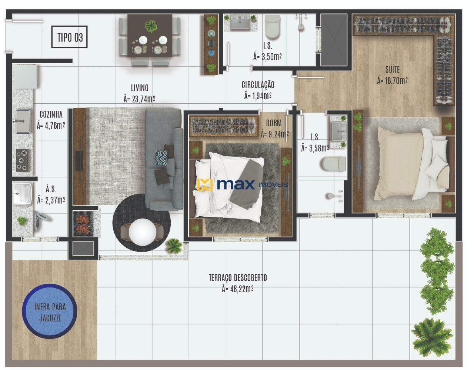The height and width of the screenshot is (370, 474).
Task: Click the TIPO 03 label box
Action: tap(69, 37)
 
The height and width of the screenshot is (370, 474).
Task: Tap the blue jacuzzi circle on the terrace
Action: tap(50, 311)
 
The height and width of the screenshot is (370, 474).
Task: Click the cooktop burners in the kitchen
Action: tap(22, 160)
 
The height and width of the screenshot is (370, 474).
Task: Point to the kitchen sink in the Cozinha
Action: tap(23, 121)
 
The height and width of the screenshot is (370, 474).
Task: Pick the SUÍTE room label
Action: tap(393, 70)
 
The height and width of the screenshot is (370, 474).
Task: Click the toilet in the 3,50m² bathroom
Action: tap(273, 27)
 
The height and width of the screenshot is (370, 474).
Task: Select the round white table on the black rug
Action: tap(142, 232)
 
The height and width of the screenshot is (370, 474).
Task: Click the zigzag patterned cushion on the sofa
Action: tap(161, 157)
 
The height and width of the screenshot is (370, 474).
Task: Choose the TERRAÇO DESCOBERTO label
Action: tap(238, 278)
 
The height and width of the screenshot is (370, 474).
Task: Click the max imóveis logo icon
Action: tap(204, 185)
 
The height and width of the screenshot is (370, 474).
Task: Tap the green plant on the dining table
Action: tap(151, 26)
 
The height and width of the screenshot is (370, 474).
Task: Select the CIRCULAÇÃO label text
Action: tap(258, 85)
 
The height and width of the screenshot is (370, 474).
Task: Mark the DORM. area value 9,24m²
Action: tap(275, 134)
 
